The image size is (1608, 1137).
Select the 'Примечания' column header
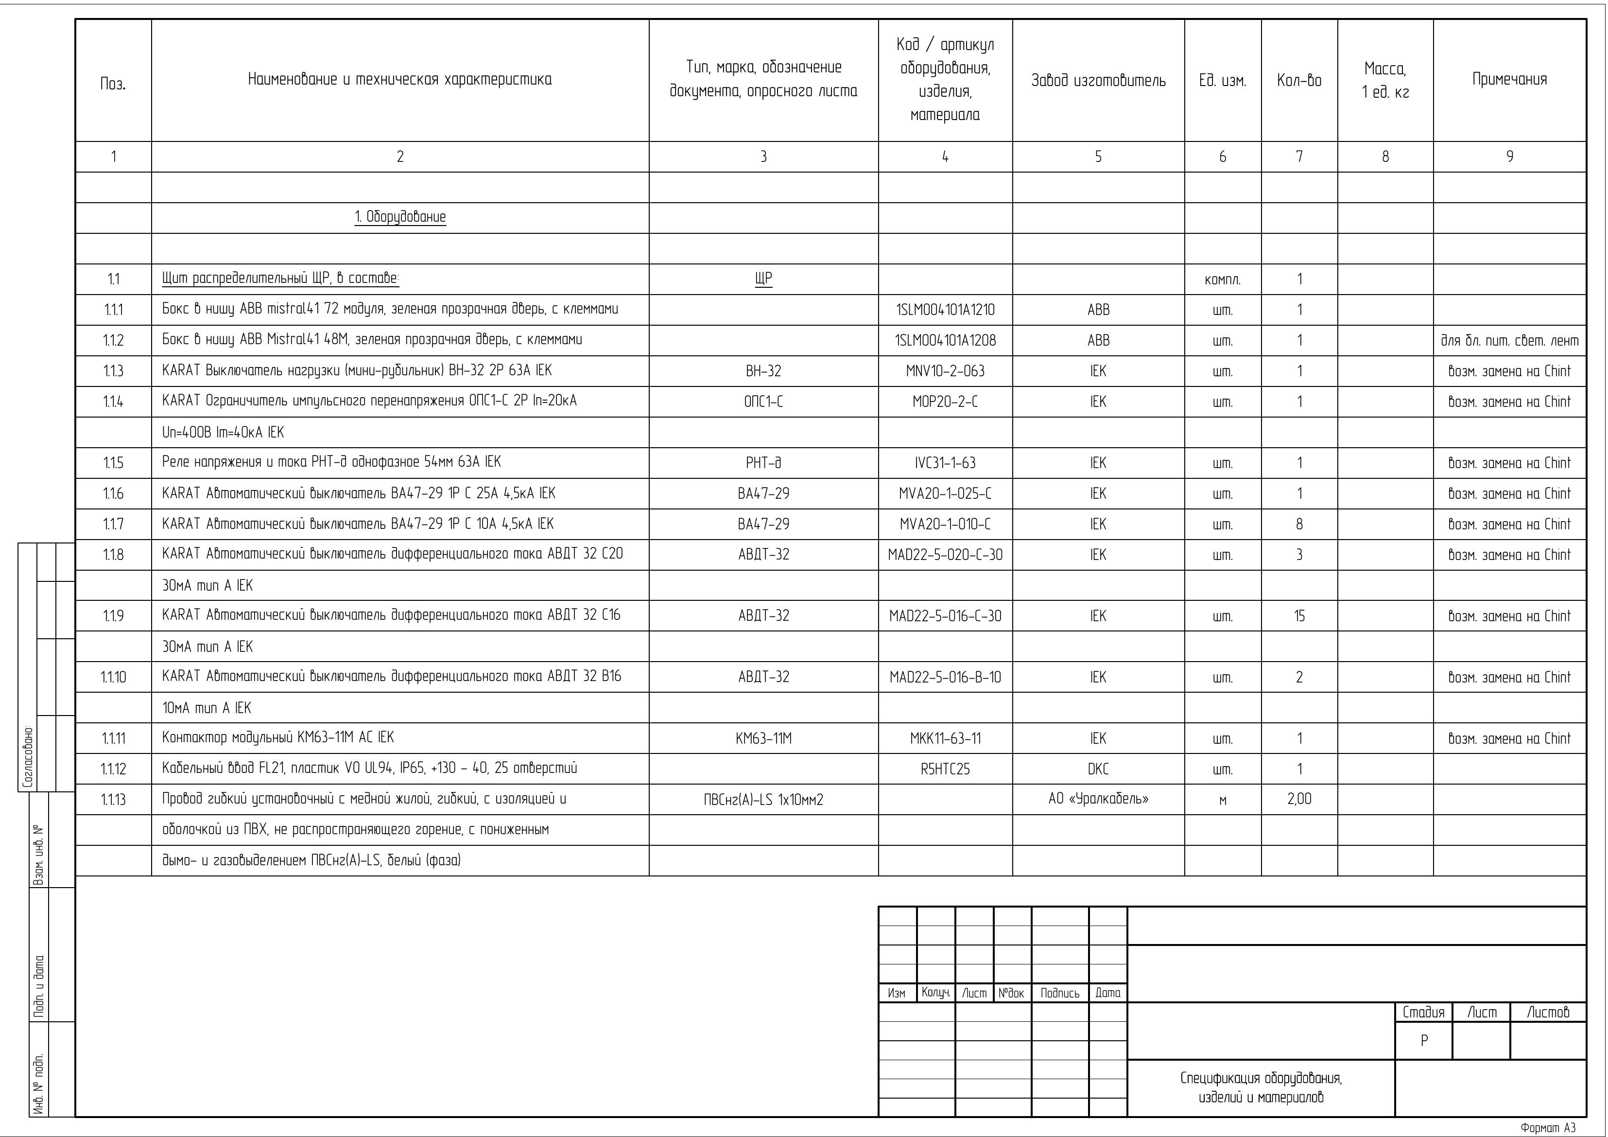coord(1509,79)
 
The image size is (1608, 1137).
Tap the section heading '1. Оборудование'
coord(400,217)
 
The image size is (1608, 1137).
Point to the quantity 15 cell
coord(1299,616)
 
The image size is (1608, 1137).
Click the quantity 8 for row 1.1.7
coord(1299,525)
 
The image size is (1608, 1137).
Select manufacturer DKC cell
coord(1098,769)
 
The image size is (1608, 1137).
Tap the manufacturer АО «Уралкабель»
coord(1098,799)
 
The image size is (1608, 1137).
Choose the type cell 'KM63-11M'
coord(763,738)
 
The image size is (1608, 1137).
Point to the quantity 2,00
coord(1299,799)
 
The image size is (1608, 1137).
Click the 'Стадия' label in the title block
coord(1423,1012)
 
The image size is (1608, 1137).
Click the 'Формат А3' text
coord(1547,1128)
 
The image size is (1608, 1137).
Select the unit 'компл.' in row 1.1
coord(1222,280)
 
